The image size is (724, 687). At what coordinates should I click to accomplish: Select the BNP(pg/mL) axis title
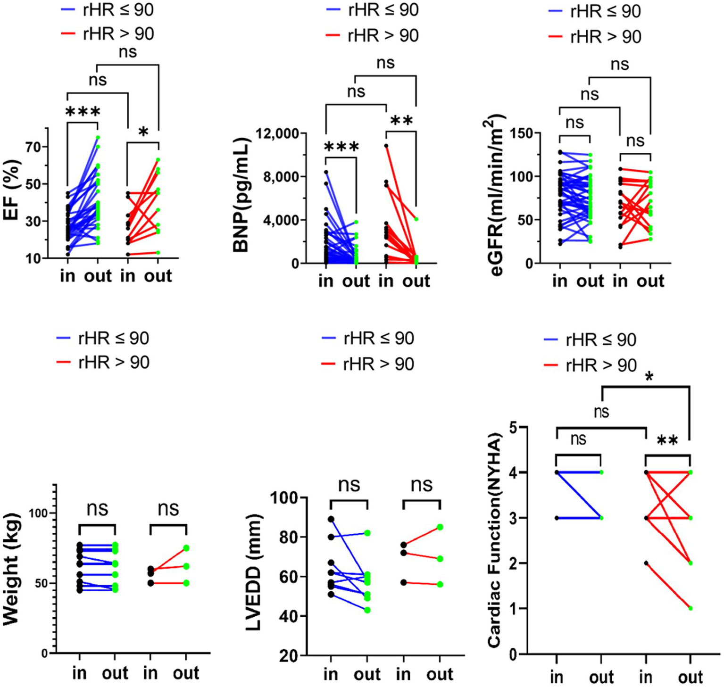pos(241,195)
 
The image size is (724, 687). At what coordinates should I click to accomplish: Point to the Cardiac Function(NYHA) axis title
pos(494,540)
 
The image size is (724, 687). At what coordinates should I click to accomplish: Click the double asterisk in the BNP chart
pos(401,121)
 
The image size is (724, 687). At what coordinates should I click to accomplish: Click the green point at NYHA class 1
pos(691,608)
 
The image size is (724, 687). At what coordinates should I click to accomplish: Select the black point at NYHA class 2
pos(646,563)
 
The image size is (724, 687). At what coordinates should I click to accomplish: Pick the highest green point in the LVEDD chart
pos(440,527)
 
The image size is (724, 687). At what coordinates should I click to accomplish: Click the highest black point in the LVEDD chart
pos(331,519)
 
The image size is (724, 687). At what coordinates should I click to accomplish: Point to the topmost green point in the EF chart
pos(98,137)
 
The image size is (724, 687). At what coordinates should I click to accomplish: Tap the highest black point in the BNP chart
pos(386,146)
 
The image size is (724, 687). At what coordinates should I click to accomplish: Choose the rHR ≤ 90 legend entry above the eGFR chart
pos(595,11)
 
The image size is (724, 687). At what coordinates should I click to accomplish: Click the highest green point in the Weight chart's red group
pos(186,548)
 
